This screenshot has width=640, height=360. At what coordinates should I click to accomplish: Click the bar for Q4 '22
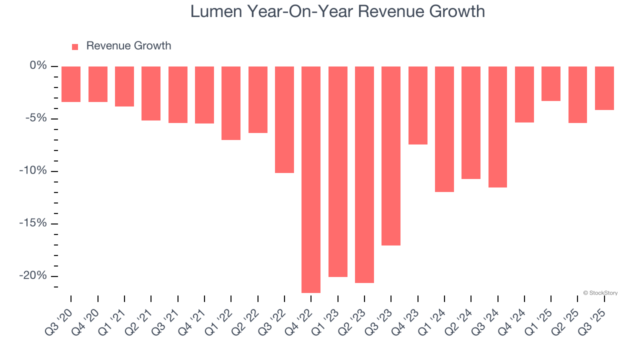click(x=311, y=179)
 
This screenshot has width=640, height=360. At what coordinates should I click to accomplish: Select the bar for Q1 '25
click(x=551, y=83)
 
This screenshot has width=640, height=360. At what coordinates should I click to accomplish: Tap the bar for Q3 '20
click(x=71, y=84)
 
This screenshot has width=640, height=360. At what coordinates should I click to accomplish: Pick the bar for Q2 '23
click(x=364, y=174)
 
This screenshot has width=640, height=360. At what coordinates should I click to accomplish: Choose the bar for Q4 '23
click(x=418, y=105)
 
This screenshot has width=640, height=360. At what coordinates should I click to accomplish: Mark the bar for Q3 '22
click(x=284, y=119)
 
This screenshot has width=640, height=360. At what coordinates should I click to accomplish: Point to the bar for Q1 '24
click(x=444, y=128)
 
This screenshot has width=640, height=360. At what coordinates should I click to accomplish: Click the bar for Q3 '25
click(x=604, y=88)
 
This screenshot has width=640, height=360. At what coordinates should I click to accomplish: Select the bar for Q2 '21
click(x=151, y=93)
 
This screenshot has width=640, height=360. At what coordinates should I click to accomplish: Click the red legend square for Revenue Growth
click(x=75, y=46)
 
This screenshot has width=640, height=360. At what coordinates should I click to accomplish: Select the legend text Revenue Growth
click(x=128, y=46)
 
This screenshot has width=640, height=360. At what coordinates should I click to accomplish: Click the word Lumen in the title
click(x=215, y=11)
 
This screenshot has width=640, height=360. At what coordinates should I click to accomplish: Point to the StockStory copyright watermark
click(x=600, y=293)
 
